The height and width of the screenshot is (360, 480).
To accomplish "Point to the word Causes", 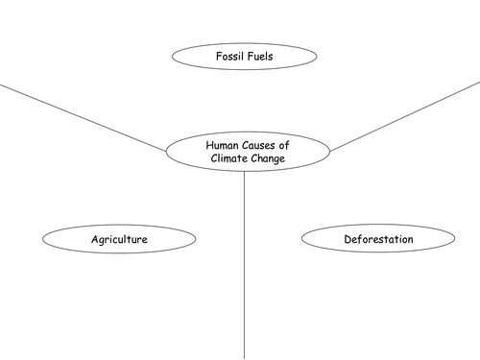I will click(x=258, y=144).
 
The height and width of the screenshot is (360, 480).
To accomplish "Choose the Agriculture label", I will click(x=119, y=238).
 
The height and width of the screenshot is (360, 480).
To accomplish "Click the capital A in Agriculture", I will click(x=94, y=238).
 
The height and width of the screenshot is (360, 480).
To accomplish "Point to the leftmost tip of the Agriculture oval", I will click(x=41, y=238).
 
